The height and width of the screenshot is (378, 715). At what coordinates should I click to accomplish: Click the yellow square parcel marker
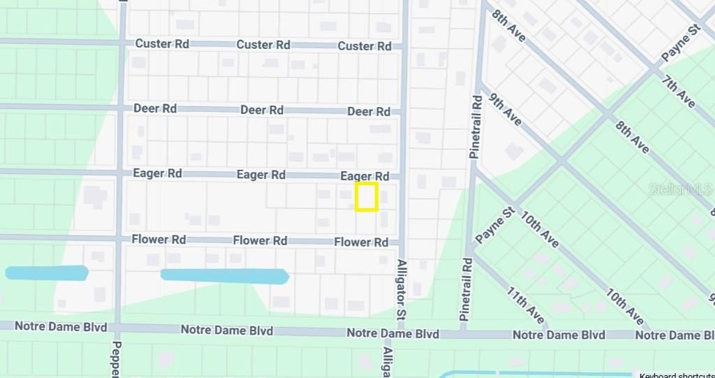point(367,196)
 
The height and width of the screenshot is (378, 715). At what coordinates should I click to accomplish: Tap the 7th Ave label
point(678,92)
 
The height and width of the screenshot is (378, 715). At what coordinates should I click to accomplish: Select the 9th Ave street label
point(505,109)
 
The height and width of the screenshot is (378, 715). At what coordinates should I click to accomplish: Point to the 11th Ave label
point(526,305)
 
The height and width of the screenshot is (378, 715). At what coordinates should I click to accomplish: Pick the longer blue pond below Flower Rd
point(225,276)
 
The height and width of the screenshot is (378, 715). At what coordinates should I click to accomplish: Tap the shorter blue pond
point(47,272)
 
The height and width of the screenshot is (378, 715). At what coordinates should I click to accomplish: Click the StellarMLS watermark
point(681,189)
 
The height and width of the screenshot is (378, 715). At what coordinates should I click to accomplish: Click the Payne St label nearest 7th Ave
point(680,44)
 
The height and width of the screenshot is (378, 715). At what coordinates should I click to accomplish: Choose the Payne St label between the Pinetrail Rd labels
point(494,225)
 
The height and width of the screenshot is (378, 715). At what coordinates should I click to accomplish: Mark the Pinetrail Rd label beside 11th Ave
point(466,289)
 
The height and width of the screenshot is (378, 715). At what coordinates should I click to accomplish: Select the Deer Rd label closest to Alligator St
point(369,112)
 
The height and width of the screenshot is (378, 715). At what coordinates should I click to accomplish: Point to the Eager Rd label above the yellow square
point(364,176)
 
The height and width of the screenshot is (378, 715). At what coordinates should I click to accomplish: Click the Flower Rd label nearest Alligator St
point(361,242)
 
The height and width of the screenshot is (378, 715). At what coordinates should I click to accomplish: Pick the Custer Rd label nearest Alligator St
point(364,46)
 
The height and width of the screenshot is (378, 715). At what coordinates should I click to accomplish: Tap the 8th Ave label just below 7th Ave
point(633,136)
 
